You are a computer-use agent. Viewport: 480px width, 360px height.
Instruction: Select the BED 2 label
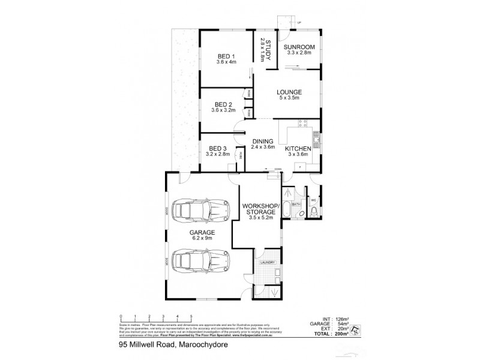(223, 103)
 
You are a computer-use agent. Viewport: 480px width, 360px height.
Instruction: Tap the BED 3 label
(217, 148)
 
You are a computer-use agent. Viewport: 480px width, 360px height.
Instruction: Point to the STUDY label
(268, 49)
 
